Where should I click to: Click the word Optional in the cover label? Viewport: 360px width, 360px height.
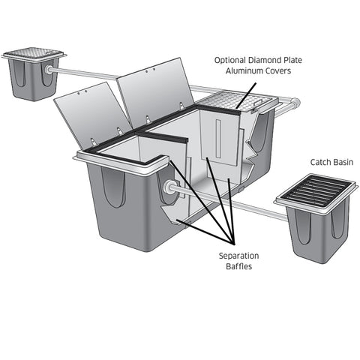click(x=230, y=60)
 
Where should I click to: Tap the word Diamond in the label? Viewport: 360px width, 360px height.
click(x=265, y=60)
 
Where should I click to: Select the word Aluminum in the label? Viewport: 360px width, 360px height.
click(x=241, y=70)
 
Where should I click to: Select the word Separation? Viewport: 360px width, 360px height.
click(x=238, y=256)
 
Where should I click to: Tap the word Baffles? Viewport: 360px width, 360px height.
click(x=238, y=266)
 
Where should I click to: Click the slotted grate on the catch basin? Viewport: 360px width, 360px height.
click(x=316, y=191)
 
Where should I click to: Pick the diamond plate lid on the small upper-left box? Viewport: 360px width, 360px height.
click(x=33, y=52)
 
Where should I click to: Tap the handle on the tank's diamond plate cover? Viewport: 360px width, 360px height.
click(x=259, y=102)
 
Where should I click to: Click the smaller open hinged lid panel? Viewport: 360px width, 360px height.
click(x=93, y=115)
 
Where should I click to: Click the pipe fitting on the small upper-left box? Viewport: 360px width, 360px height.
click(x=46, y=69)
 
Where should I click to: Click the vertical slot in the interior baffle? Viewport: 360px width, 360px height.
click(x=218, y=138)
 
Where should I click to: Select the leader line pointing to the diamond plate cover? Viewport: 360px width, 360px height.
click(x=246, y=96)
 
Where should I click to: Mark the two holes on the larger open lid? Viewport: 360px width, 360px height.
click(x=150, y=70)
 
